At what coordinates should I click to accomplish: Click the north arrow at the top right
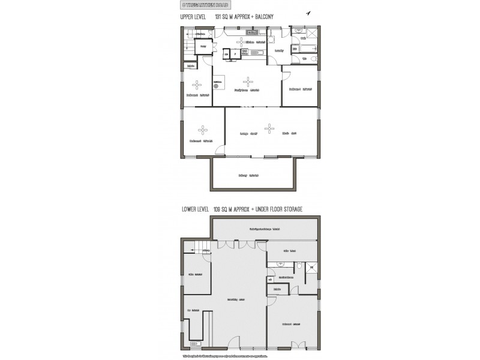pyautogui.click(x=309, y=13)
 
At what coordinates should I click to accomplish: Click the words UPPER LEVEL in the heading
pyautogui.click(x=193, y=18)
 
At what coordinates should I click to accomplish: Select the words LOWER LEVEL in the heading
pyautogui.click(x=195, y=209)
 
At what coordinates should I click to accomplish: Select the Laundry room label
pyautogui.click(x=278, y=51)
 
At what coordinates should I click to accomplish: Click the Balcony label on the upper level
pyautogui.click(x=247, y=175)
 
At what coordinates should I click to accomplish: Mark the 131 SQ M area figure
pyautogui.click(x=234, y=18)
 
